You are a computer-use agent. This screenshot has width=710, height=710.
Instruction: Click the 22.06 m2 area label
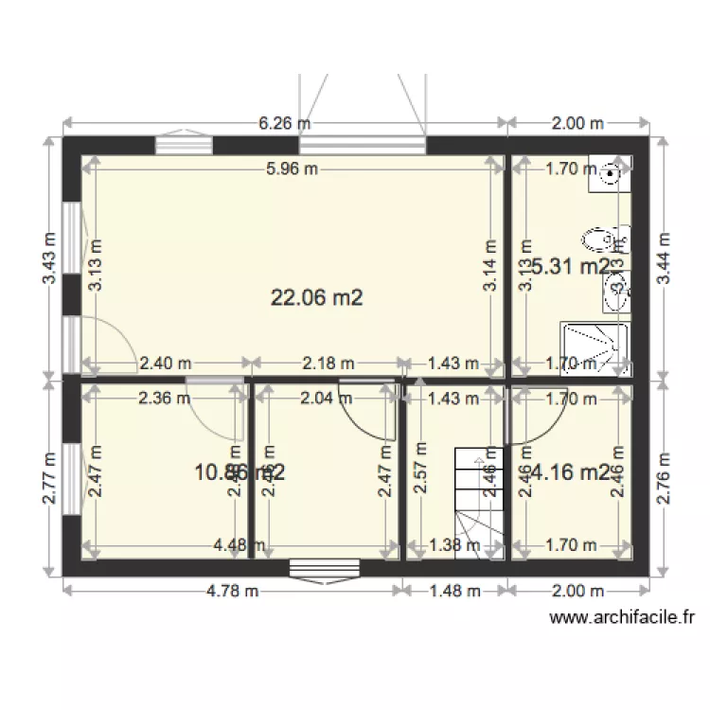[x=317, y=298]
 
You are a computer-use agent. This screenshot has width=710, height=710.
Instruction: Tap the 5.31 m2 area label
[x=571, y=267]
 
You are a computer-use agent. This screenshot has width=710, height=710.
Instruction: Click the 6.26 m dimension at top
[x=285, y=123]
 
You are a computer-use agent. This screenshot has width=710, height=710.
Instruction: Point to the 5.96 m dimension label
[x=292, y=169]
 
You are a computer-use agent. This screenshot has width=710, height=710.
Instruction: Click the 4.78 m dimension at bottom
[x=232, y=592]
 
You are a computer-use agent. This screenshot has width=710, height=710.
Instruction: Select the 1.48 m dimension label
[x=455, y=592]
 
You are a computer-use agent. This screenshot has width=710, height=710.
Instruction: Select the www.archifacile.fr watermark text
[x=623, y=618]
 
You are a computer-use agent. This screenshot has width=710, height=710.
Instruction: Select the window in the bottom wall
[x=325, y=568]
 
